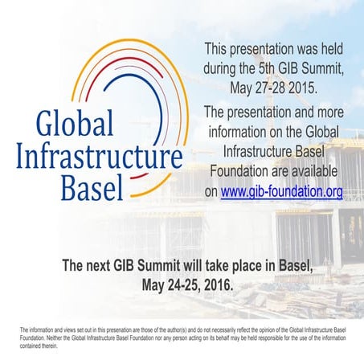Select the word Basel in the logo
(92, 186)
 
